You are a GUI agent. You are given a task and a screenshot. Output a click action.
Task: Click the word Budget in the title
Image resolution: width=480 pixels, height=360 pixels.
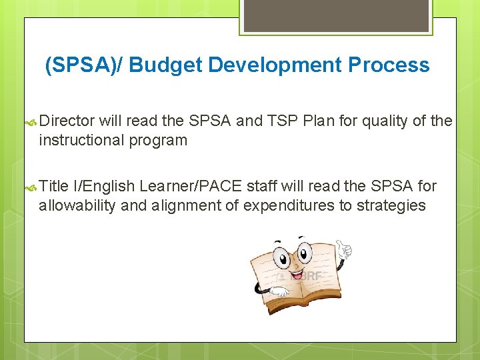pyautogui.click(x=166, y=65)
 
